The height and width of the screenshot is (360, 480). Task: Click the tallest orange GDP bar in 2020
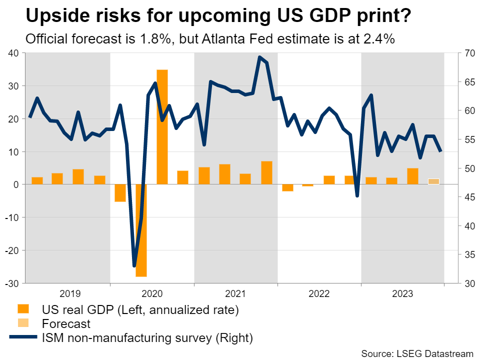point(162,127)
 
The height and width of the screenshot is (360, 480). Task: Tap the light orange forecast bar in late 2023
point(433,181)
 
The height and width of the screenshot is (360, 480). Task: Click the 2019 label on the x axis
point(68,293)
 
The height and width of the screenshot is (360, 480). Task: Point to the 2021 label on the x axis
point(235,293)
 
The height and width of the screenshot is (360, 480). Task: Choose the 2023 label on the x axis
point(402,293)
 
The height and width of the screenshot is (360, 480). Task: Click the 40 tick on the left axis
point(13,53)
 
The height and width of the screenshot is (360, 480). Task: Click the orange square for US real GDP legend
point(23,309)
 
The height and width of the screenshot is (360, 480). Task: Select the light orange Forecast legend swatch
point(23,323)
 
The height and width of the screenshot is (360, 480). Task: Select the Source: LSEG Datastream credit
point(417,353)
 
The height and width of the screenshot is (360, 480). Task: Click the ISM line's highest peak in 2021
point(259,57)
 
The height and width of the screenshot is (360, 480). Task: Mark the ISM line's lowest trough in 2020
point(134,265)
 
